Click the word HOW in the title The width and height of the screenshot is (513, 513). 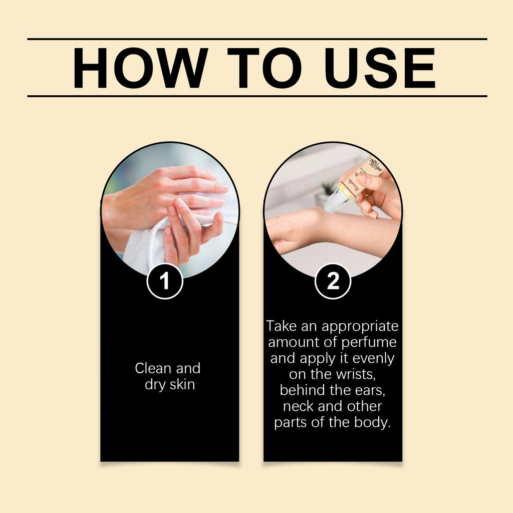pyautogui.click(x=140, y=68)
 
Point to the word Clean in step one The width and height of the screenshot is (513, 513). pyautogui.click(x=153, y=368)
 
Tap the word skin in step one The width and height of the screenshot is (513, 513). pyautogui.click(x=181, y=385)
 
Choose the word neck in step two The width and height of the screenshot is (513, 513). pyautogui.click(x=299, y=406)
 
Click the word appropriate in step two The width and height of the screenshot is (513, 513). pyautogui.click(x=360, y=327)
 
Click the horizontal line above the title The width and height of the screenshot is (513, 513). pyautogui.click(x=256, y=39)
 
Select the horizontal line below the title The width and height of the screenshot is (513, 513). pyautogui.click(x=256, y=96)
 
